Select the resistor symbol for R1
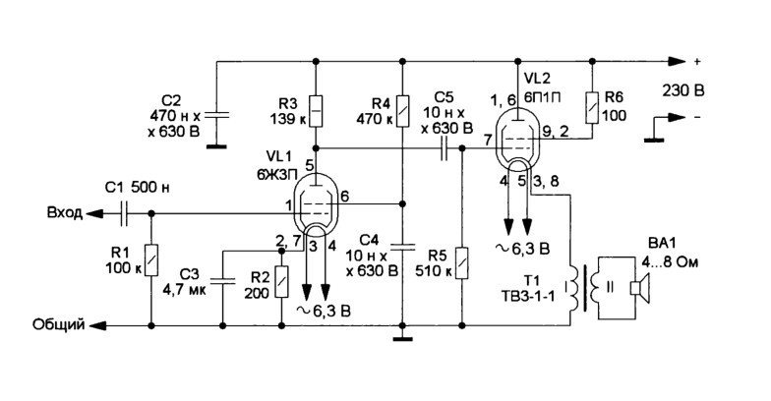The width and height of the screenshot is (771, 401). point(151,259)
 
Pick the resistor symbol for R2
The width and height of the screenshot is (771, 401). point(281,281)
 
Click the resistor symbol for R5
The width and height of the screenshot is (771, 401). point(462,263)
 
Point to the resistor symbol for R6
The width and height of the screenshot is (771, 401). point(592,107)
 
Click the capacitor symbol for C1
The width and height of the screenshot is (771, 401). point(124,214)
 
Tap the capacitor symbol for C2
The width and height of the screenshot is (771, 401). point(216,115)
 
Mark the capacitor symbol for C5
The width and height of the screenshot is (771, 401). point(445,148)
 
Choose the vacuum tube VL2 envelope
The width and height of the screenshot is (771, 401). point(517,139)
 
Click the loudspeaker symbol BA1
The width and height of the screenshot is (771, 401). point(640,287)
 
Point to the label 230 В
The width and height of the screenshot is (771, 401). point(682,90)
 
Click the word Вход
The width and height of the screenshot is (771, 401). point(65,212)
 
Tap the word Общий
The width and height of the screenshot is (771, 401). point(59,324)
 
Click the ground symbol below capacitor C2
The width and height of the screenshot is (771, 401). point(216,145)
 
